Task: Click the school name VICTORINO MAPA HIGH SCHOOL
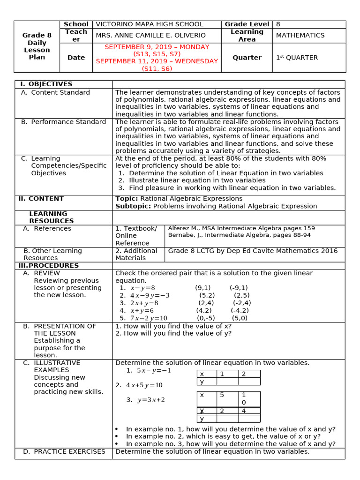(149, 24)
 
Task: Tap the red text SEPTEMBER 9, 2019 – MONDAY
(157, 47)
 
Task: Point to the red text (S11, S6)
(157, 68)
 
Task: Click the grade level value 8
(278, 24)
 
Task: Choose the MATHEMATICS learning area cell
(300, 36)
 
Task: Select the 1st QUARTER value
(297, 58)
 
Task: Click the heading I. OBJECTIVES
(46, 84)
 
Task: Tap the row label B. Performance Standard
(63, 122)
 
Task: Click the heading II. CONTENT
(41, 199)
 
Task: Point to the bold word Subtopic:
(133, 206)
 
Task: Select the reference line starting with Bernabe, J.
(239, 235)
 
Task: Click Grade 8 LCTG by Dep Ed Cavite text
(253, 251)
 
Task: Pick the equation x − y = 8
(142, 288)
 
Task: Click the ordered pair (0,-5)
(206, 318)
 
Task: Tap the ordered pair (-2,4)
(242, 303)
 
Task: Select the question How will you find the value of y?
(173, 334)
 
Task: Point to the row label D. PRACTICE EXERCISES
(64, 452)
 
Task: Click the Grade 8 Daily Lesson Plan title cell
(37, 46)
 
